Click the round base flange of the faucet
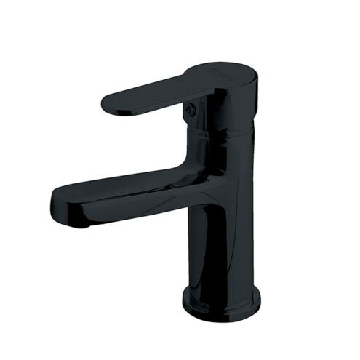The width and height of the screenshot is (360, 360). point(222,302)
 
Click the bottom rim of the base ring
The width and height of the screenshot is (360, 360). point(222,317)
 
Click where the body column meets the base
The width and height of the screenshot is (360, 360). point(222,286)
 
